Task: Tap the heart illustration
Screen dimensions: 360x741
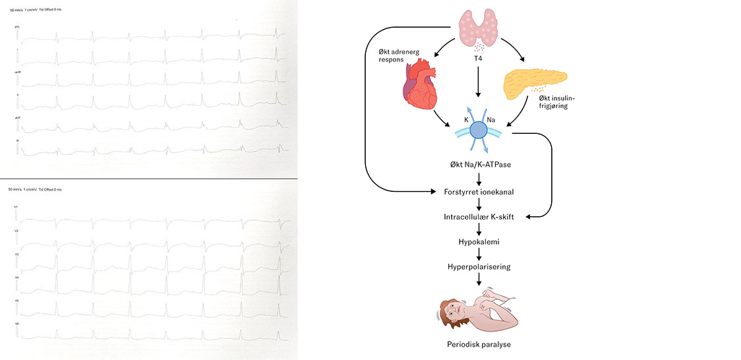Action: click(x=420, y=85)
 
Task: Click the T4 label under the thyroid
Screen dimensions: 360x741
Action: click(x=479, y=58)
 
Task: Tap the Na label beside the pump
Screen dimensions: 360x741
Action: click(x=491, y=120)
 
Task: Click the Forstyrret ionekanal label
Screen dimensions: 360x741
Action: click(x=479, y=192)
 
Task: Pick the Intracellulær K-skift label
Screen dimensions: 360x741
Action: click(x=479, y=217)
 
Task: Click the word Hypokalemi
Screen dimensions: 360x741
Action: click(x=479, y=242)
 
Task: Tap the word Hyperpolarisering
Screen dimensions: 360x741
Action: click(x=479, y=267)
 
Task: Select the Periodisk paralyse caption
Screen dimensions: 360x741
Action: click(x=479, y=344)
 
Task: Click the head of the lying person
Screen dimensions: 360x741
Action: click(x=453, y=309)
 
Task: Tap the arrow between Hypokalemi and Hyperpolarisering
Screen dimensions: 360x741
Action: click(x=479, y=255)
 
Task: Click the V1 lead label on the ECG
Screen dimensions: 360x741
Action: click(x=15, y=207)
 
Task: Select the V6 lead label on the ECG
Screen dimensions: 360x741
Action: click(x=15, y=324)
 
